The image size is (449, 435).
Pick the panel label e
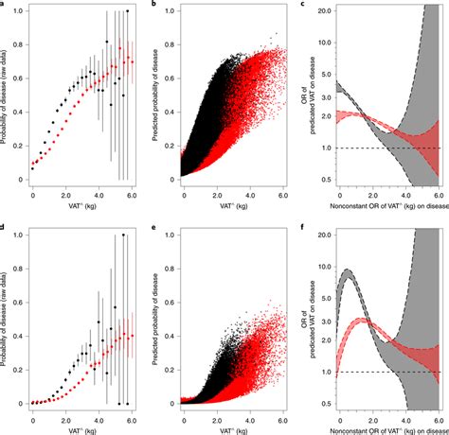coord(156,228)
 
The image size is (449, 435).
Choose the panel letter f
coord(302,228)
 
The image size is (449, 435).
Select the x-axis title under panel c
coord(380,205)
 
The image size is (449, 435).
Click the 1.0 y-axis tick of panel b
coord(172,10)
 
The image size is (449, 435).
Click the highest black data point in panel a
coord(127,10)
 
